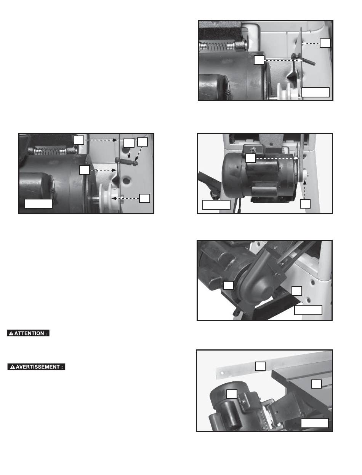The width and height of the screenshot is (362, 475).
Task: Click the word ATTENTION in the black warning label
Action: (x=29, y=333)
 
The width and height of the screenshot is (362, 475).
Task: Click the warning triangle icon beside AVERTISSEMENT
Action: (x=13, y=367)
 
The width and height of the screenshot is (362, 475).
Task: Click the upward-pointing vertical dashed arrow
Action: (x=305, y=190)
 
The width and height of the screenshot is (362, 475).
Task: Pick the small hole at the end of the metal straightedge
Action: (x=222, y=373)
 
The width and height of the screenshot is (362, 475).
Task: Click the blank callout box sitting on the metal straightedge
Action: (x=260, y=366)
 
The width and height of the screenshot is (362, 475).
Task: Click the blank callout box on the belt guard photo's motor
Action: (x=228, y=285)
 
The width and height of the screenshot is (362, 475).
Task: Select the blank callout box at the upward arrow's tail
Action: (x=305, y=204)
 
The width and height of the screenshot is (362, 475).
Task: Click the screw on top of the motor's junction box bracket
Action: (x=252, y=150)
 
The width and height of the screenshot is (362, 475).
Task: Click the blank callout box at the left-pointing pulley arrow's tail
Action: (x=144, y=198)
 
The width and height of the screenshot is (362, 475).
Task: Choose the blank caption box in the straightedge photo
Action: (x=314, y=423)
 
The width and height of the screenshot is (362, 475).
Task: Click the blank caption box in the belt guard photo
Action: (x=308, y=310)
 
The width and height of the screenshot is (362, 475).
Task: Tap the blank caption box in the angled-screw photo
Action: (x=316, y=92)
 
